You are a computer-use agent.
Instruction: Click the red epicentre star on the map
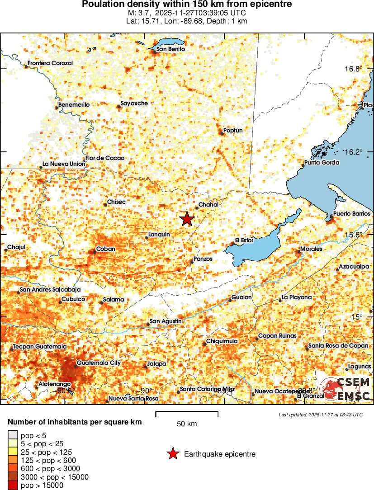187,219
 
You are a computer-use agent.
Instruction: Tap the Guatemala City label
99,363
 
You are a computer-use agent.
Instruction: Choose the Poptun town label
233,131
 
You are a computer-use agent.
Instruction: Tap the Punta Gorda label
321,163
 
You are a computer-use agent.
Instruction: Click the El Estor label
244,240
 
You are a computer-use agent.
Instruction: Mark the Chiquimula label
222,341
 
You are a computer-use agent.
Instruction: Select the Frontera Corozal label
50,63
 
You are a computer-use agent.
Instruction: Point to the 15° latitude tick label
357,317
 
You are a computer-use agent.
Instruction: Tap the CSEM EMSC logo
346,389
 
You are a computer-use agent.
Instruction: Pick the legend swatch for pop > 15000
13,485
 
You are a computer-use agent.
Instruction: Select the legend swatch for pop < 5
13,436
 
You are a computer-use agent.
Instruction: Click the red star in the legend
173,454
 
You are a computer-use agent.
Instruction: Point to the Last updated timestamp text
320,415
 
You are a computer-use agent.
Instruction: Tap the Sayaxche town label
134,104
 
